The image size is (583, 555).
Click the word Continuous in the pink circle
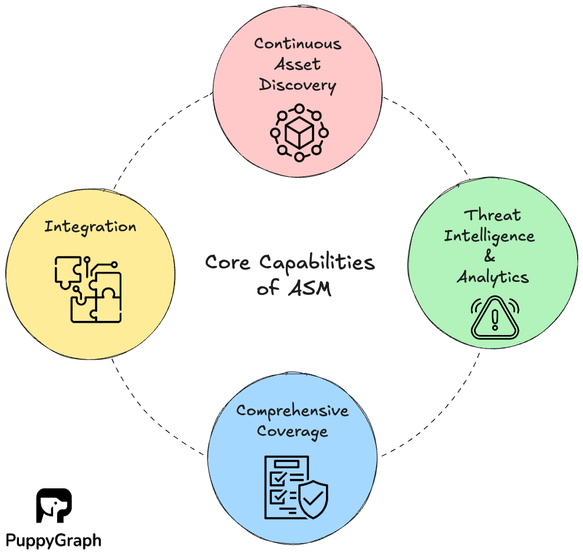tap(298, 44)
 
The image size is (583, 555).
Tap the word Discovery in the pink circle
tap(298, 85)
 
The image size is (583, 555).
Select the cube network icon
tap(299, 133)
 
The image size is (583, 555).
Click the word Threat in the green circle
tap(492, 215)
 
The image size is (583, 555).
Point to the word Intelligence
tap(489, 236)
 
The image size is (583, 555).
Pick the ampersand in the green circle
tap(490, 257)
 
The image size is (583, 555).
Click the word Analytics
tap(492, 277)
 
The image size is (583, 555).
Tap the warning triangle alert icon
tap(495, 318)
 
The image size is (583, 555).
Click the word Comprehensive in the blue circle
tap(292, 411)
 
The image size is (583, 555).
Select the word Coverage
tap(293, 431)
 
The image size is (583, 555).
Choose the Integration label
tap(90, 226)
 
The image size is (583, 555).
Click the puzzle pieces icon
tap(88, 289)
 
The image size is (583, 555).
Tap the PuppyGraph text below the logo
tap(54, 540)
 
